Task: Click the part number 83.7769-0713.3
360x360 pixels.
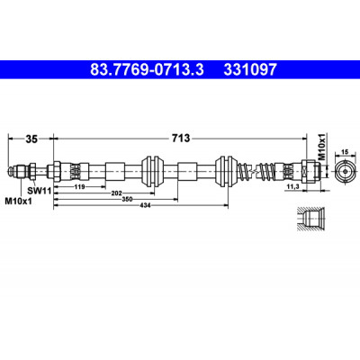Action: click(147, 70)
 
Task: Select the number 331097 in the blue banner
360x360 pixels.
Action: click(250, 70)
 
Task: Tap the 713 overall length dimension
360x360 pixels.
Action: click(181, 139)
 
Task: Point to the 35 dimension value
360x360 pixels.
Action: click(31, 139)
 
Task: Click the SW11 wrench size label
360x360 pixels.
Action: click(39, 190)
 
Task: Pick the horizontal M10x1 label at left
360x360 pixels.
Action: click(19, 201)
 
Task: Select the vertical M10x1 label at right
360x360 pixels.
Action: click(322, 147)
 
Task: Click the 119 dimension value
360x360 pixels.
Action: click(79, 186)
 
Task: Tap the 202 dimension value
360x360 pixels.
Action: click(116, 193)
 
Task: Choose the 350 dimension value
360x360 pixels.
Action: click(128, 199)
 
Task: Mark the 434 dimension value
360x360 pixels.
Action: click(145, 205)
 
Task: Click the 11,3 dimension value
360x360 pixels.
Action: click(292, 186)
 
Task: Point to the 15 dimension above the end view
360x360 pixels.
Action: click(345, 152)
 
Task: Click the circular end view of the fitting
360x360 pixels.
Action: click(345, 171)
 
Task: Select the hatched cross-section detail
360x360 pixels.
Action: click(310, 220)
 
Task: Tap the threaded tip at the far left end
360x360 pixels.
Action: click(12, 171)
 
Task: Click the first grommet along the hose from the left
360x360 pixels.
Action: click(153, 171)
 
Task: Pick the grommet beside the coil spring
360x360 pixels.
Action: click(227, 171)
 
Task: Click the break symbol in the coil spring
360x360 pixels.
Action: click(255, 171)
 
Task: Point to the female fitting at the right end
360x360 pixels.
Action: click(311, 171)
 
